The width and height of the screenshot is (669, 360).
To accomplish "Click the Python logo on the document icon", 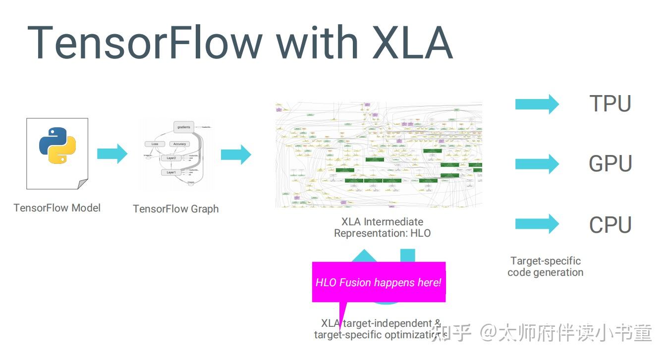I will coord(57,146).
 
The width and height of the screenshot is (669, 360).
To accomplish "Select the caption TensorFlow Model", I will coord(57,208).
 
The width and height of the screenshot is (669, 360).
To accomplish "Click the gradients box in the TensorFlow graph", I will coord(183,127).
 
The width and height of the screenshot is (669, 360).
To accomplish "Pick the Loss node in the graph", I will coord(155,144).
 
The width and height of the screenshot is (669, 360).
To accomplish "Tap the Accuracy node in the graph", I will coord(179,144).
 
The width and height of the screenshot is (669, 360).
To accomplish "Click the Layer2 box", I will coord(171,157).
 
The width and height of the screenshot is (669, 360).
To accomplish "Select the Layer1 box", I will coord(171,172).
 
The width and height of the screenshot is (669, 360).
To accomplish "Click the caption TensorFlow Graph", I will coord(175,209).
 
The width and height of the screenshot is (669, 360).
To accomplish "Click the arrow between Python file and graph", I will coord(112,154).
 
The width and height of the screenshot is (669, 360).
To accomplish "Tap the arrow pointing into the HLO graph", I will coord(236,154).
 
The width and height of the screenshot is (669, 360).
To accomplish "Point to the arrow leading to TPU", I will coord(537,104).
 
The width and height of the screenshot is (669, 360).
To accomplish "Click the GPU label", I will coord(610,164).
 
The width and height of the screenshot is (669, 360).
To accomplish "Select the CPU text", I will coord(610,225).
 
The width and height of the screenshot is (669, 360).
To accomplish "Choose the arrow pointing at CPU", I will coord(537,224).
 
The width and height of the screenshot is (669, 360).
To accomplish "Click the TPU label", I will coord(610,104).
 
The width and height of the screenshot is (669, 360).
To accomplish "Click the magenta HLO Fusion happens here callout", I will coord(379,282).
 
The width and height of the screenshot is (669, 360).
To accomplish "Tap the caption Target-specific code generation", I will coord(545,266).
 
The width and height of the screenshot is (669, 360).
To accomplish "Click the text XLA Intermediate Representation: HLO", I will coord(382,227).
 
